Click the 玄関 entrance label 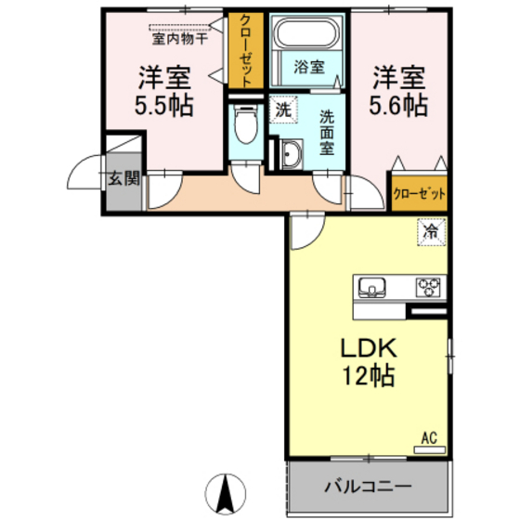point(121,178)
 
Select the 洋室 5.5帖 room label point(166,91)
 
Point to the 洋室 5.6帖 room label point(401,91)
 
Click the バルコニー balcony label point(368,486)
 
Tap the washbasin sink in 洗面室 point(291,155)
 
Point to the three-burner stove point(428,286)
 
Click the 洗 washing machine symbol point(282,110)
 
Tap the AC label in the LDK point(429,436)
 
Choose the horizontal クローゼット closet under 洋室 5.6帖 point(418,194)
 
